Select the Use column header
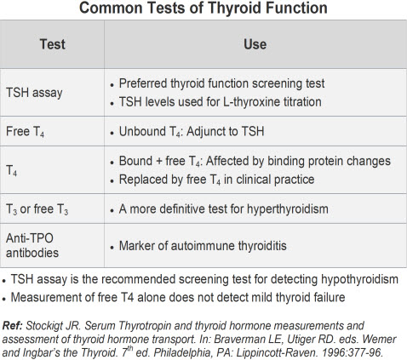tap(255, 44)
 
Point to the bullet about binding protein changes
tap(254, 162)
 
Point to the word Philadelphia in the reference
tap(201, 351)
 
